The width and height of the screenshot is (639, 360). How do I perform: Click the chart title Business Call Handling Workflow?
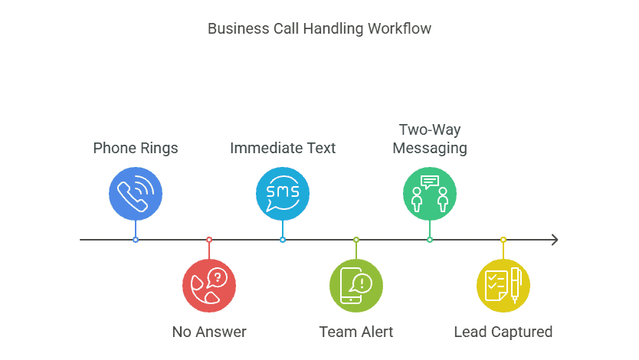(319, 29)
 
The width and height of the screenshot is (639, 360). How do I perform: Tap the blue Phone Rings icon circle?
(136, 193)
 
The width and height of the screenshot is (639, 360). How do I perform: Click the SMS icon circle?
(283, 193)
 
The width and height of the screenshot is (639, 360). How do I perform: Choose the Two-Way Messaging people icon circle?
(430, 193)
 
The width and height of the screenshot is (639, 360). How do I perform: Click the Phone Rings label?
(136, 148)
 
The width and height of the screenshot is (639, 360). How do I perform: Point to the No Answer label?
(209, 332)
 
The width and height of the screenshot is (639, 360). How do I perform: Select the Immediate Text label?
(283, 148)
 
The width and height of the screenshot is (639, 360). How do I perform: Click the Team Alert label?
(356, 332)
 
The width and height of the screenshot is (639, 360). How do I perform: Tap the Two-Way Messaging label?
(430, 139)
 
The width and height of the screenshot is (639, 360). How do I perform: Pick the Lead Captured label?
(503, 332)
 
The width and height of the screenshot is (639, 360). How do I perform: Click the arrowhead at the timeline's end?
(554, 240)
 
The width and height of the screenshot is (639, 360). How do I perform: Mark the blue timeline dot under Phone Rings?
(136, 240)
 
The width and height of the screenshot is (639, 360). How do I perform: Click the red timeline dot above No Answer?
(209, 240)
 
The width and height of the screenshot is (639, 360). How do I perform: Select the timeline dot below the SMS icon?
(283, 240)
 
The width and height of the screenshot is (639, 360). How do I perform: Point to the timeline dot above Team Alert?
(356, 240)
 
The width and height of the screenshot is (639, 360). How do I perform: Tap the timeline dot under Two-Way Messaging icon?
(430, 240)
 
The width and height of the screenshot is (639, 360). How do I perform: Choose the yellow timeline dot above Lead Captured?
(503, 240)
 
